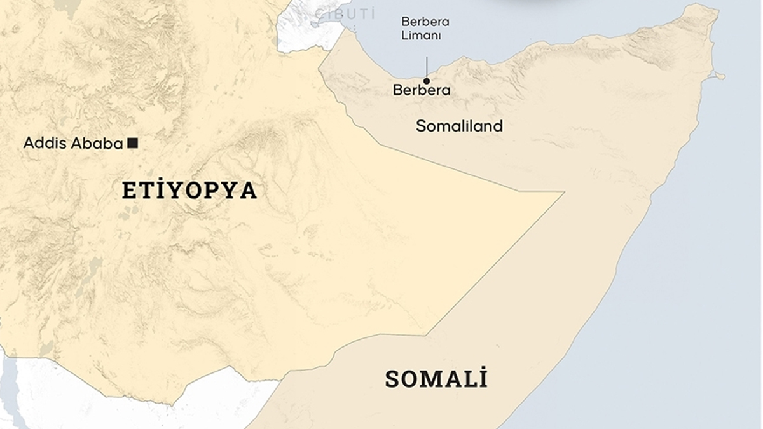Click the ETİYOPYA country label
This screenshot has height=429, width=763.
pos(189,191)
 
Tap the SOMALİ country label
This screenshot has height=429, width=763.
pos(436,379)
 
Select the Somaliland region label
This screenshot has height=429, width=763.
pos(459,126)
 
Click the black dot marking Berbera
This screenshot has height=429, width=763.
pos(427,81)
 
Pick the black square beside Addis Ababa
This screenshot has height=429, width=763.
pos(132,143)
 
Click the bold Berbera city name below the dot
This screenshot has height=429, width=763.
pos(422,90)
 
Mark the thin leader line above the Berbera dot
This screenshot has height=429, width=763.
pos(427,67)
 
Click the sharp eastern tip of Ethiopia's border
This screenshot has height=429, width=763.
pos(563,192)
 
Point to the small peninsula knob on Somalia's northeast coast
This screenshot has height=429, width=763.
pos(720,76)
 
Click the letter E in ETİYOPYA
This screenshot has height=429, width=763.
pos(128,191)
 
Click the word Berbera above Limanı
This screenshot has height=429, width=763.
pos(425,22)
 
